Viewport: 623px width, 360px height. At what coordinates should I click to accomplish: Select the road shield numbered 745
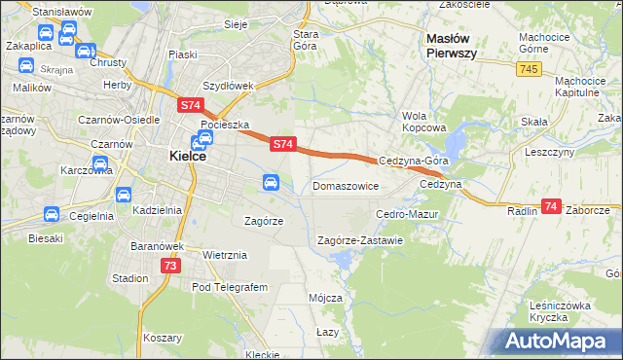click(x=530, y=68)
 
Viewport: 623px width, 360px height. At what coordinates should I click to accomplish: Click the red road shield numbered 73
click(x=170, y=266)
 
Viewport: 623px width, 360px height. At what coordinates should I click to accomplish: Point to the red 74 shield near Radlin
click(x=551, y=206)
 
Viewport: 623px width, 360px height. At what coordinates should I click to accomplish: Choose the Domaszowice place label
click(x=345, y=185)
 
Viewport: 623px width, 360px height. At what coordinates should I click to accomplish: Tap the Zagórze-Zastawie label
click(x=360, y=240)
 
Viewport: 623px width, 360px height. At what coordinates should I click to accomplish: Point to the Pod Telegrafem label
click(x=230, y=288)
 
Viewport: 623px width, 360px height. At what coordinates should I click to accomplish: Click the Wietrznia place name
click(x=226, y=255)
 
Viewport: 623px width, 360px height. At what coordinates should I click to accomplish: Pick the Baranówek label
click(x=157, y=246)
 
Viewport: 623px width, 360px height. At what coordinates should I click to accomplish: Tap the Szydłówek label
click(x=228, y=86)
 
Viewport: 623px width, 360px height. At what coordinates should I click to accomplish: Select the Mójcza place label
click(x=325, y=298)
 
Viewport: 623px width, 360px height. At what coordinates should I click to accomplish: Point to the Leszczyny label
click(x=550, y=153)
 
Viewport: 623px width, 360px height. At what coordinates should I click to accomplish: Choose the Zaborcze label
click(x=588, y=210)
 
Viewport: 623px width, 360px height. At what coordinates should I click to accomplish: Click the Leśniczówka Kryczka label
click(x=561, y=311)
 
